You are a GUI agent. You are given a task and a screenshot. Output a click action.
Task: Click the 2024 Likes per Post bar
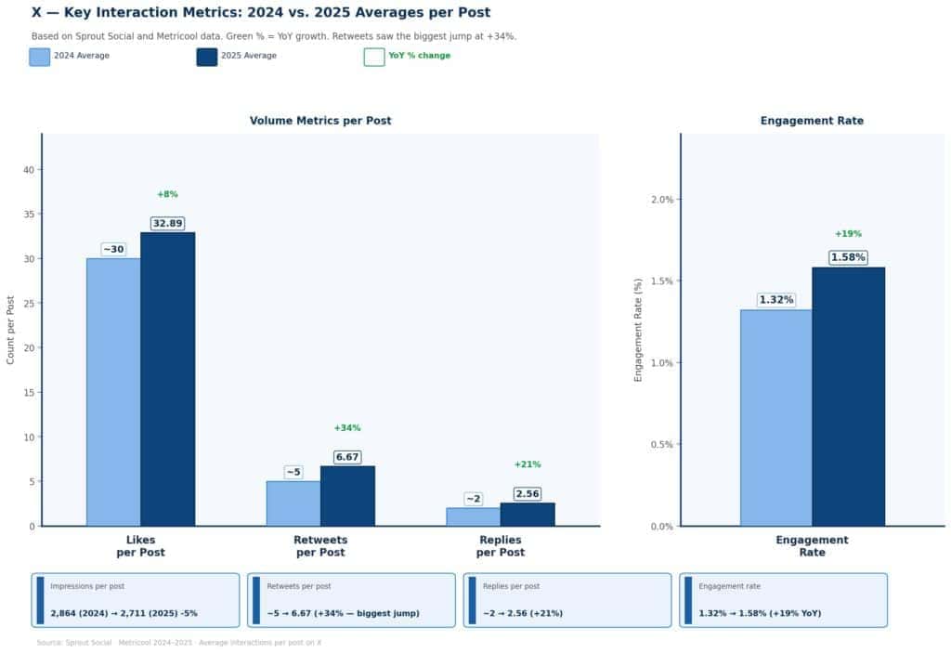(113, 392)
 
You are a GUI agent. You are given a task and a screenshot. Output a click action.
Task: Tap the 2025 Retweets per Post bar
(347, 496)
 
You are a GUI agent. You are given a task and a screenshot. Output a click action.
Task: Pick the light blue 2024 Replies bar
(473, 516)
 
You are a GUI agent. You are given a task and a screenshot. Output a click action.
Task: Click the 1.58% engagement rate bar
(848, 397)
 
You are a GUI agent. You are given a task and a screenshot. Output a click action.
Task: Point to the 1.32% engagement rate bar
(776, 418)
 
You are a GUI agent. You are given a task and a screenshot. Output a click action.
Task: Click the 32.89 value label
(167, 224)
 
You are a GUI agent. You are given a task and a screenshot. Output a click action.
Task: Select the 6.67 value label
(347, 457)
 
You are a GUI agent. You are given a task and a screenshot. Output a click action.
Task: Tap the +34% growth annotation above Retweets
(347, 428)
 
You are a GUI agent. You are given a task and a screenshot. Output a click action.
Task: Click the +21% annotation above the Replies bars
(528, 464)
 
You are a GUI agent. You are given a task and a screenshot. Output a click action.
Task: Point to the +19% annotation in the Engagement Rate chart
(848, 234)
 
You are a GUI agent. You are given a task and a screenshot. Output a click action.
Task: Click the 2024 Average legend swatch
(39, 57)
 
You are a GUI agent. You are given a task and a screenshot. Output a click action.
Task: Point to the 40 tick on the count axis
(29, 170)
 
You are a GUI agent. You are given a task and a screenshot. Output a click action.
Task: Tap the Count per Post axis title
(11, 330)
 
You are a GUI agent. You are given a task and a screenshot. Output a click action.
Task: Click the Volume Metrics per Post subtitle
(320, 121)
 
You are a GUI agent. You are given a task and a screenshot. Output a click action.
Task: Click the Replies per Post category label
(500, 546)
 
